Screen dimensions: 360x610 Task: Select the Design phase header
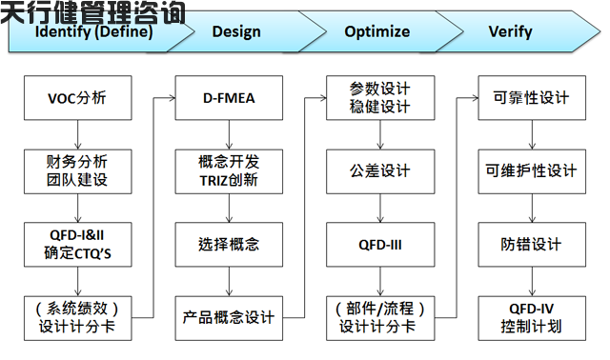236,31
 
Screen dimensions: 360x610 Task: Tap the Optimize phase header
377,31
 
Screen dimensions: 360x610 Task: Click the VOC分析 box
78,97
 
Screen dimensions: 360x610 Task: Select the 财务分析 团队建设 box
78,170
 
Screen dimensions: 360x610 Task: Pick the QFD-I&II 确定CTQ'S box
78,244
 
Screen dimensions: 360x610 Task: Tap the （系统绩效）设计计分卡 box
78,318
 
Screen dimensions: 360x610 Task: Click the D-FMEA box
229,97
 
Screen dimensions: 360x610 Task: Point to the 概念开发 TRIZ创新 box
229,170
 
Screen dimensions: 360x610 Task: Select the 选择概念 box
229,244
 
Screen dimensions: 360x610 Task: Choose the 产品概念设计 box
229,318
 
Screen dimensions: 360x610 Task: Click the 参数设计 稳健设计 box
379,97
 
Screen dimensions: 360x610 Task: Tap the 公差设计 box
379,170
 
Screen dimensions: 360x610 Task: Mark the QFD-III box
379,244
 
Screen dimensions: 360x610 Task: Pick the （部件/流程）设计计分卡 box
379,318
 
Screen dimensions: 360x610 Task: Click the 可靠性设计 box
531,97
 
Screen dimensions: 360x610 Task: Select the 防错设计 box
531,244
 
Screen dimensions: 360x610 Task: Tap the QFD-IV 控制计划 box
531,318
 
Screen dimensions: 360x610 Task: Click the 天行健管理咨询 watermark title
92,11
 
